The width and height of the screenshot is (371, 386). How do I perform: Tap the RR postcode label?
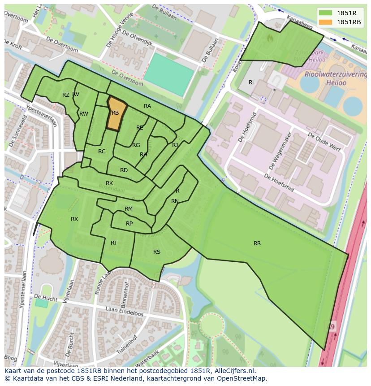pyautogui.click(x=257, y=243)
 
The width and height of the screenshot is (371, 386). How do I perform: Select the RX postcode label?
pyautogui.click(x=74, y=219)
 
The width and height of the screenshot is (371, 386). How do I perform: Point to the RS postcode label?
pyautogui.click(x=157, y=252)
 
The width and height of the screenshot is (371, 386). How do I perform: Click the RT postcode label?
pyautogui.click(x=114, y=243)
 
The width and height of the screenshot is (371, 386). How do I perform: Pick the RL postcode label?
pyautogui.click(x=252, y=82)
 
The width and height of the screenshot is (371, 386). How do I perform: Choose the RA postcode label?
pyautogui.click(x=147, y=106)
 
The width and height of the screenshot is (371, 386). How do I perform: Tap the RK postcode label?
pyautogui.click(x=109, y=183)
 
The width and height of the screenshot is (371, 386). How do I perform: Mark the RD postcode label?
pyautogui.click(x=124, y=170)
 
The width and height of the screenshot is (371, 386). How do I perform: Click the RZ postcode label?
pyautogui.click(x=66, y=95)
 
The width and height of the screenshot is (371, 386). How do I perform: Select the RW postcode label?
pyautogui.click(x=84, y=114)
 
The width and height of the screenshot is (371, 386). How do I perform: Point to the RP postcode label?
pyautogui.click(x=129, y=224)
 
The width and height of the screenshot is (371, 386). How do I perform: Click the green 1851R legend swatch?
pyautogui.click(x=326, y=13)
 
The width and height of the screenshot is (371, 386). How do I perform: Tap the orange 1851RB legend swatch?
pyautogui.click(x=326, y=22)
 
